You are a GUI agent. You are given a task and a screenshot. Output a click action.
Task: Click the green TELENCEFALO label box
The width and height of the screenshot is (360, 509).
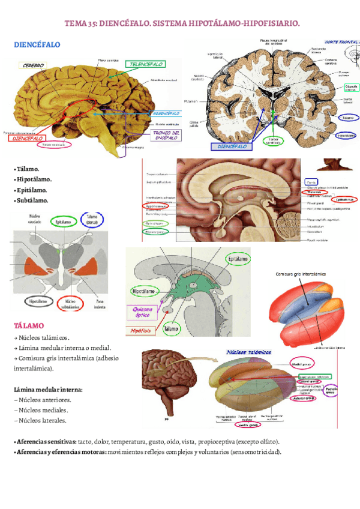point(145,64)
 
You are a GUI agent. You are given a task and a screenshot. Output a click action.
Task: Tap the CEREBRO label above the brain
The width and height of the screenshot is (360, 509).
point(34,65)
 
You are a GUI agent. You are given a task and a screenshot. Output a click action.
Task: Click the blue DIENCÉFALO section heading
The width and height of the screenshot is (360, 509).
point(37,45)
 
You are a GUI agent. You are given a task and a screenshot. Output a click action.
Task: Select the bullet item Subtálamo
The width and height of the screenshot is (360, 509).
point(33,200)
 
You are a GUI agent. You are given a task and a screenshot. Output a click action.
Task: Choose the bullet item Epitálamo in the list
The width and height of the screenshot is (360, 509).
point(33,190)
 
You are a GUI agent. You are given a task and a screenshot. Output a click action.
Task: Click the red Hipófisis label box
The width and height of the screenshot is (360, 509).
point(143,330)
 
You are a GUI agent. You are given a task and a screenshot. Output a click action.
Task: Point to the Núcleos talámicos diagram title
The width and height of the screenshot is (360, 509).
point(249,352)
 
